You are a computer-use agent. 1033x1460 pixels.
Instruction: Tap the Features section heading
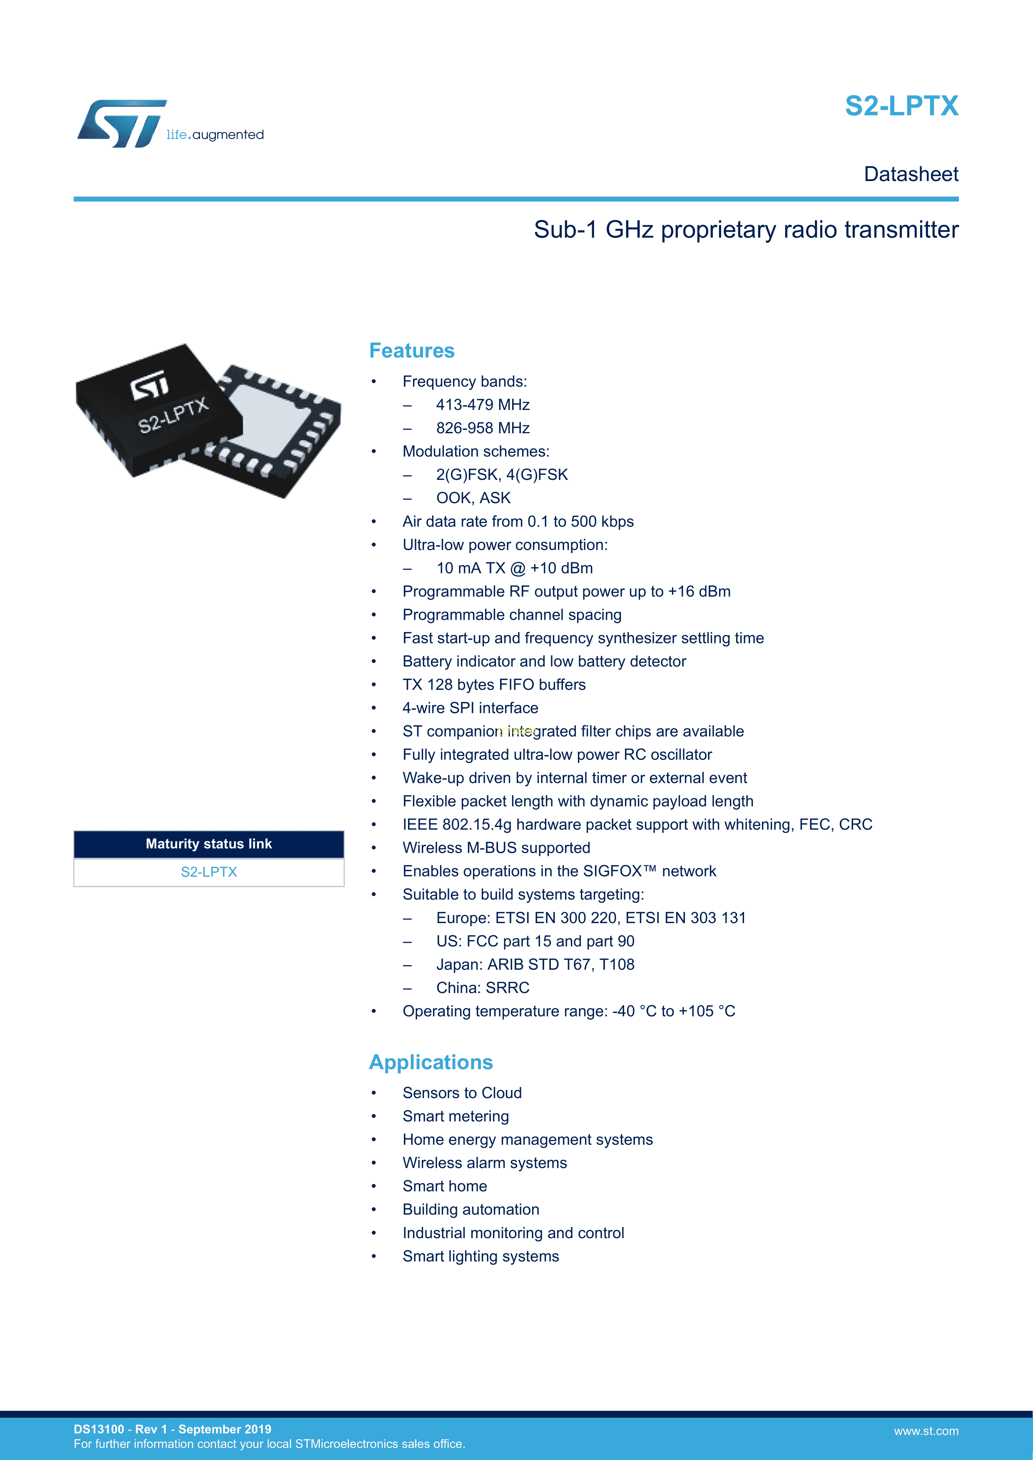tap(411, 350)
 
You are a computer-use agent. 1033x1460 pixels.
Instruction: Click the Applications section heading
tap(431, 1062)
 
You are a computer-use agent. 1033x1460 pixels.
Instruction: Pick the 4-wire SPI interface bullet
tap(470, 708)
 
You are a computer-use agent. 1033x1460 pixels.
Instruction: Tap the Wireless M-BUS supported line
tap(496, 848)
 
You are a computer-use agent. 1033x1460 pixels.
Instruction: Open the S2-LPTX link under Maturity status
tap(209, 872)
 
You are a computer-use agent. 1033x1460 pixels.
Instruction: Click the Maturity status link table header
tap(209, 844)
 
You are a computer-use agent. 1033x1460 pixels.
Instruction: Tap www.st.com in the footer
tap(926, 1431)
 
